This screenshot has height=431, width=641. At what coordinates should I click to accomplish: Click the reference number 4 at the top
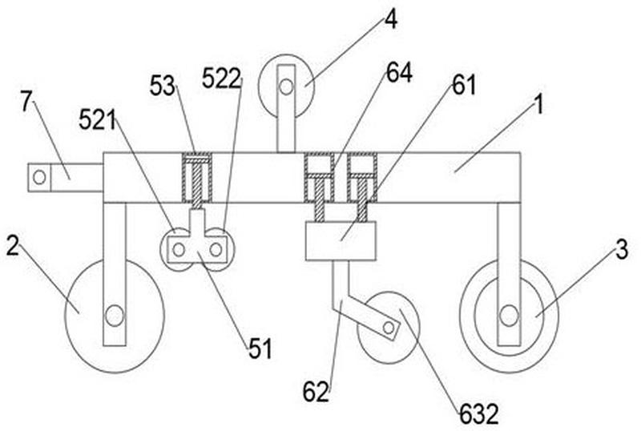point(391,18)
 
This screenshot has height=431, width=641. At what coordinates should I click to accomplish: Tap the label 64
point(399,73)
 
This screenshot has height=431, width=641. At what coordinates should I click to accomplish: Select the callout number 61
point(464,86)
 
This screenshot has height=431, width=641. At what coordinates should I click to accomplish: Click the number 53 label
point(163,86)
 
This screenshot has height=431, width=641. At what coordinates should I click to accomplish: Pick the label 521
point(97,120)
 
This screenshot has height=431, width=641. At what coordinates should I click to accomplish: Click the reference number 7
point(26,101)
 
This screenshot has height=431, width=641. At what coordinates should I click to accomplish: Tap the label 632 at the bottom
point(479,414)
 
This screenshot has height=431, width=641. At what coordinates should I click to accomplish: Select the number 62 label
point(316,391)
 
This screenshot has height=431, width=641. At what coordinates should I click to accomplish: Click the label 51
point(260,348)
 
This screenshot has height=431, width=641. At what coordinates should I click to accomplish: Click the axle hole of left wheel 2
point(114,316)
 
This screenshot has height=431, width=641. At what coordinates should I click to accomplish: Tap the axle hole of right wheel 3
point(509,316)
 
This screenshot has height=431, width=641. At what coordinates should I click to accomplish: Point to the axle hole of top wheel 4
point(286,87)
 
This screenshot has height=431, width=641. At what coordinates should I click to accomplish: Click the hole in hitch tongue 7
point(39,178)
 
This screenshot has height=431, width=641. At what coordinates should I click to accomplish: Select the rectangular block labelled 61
point(341,241)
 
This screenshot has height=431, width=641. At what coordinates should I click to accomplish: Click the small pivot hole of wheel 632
point(389,327)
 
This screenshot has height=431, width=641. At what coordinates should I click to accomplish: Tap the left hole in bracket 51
point(179,249)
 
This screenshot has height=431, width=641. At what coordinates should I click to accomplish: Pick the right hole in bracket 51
point(216,249)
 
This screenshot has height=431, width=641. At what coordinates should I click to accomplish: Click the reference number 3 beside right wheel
point(622,249)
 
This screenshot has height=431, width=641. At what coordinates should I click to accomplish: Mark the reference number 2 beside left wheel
point(13,246)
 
